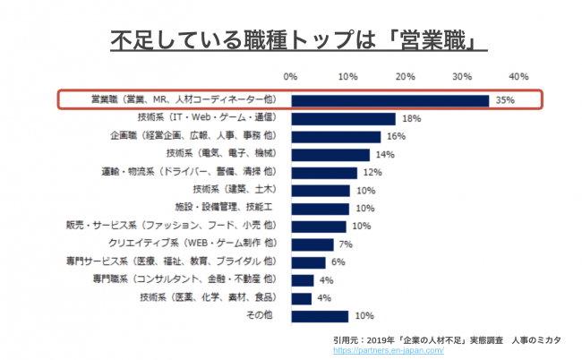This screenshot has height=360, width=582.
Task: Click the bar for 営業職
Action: point(389,100)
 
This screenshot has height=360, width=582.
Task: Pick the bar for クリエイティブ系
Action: point(311,244)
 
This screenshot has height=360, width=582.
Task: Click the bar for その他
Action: point(319,316)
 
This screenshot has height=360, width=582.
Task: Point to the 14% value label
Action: point(386,154)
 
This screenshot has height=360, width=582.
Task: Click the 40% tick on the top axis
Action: point(518,76)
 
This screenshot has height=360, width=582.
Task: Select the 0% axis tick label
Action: point(291,76)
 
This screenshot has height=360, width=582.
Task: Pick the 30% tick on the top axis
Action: point(462,76)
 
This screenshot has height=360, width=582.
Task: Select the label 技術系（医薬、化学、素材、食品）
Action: point(207,296)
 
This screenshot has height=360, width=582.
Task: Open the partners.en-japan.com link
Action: point(389,351)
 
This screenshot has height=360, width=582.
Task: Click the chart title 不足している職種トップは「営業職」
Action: point(291,39)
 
